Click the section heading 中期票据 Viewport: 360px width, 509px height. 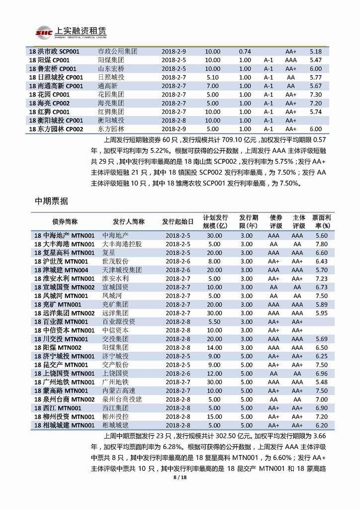tap(52, 201)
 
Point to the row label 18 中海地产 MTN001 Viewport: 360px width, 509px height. tap(65, 235)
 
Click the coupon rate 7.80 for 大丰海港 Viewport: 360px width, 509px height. tap(322, 244)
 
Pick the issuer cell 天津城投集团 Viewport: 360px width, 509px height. tap(122, 270)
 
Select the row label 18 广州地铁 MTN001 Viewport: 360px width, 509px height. tap(65, 382)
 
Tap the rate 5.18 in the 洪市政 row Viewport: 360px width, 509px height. tap(315, 51)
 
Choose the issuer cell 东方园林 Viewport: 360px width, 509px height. tap(111, 129)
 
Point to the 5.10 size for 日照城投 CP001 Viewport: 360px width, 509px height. tap(212, 77)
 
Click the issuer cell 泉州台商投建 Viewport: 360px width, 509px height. tap(122, 399)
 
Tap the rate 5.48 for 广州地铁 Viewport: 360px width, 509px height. tap(322, 382)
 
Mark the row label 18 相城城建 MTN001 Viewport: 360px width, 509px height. tap(65, 425)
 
